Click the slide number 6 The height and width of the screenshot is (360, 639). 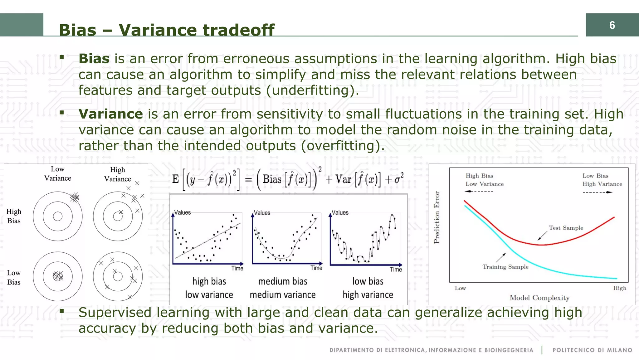click(x=612, y=25)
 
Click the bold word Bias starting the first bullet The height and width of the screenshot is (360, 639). click(x=94, y=59)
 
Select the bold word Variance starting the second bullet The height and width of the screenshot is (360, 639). click(x=110, y=114)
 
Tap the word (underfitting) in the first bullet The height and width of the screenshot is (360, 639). click(x=312, y=90)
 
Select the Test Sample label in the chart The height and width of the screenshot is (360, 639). click(x=566, y=228)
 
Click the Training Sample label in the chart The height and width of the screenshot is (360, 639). click(x=505, y=267)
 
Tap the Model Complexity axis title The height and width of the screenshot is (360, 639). click(x=539, y=298)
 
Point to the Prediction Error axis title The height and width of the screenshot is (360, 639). click(x=437, y=217)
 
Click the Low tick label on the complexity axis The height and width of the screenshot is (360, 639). click(x=460, y=288)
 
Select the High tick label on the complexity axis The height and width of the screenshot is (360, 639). click(x=619, y=288)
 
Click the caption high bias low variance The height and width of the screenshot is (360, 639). click(x=209, y=288)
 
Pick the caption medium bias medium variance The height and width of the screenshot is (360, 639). click(x=283, y=288)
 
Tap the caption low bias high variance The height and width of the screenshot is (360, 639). click(x=368, y=288)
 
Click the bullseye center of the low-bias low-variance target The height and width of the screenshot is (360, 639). click(x=58, y=276)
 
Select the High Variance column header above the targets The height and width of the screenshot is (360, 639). click(x=118, y=174)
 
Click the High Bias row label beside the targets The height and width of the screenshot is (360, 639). click(x=14, y=216)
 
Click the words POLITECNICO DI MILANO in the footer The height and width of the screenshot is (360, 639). click(x=592, y=350)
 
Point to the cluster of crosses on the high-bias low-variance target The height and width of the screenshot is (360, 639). click(x=75, y=197)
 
